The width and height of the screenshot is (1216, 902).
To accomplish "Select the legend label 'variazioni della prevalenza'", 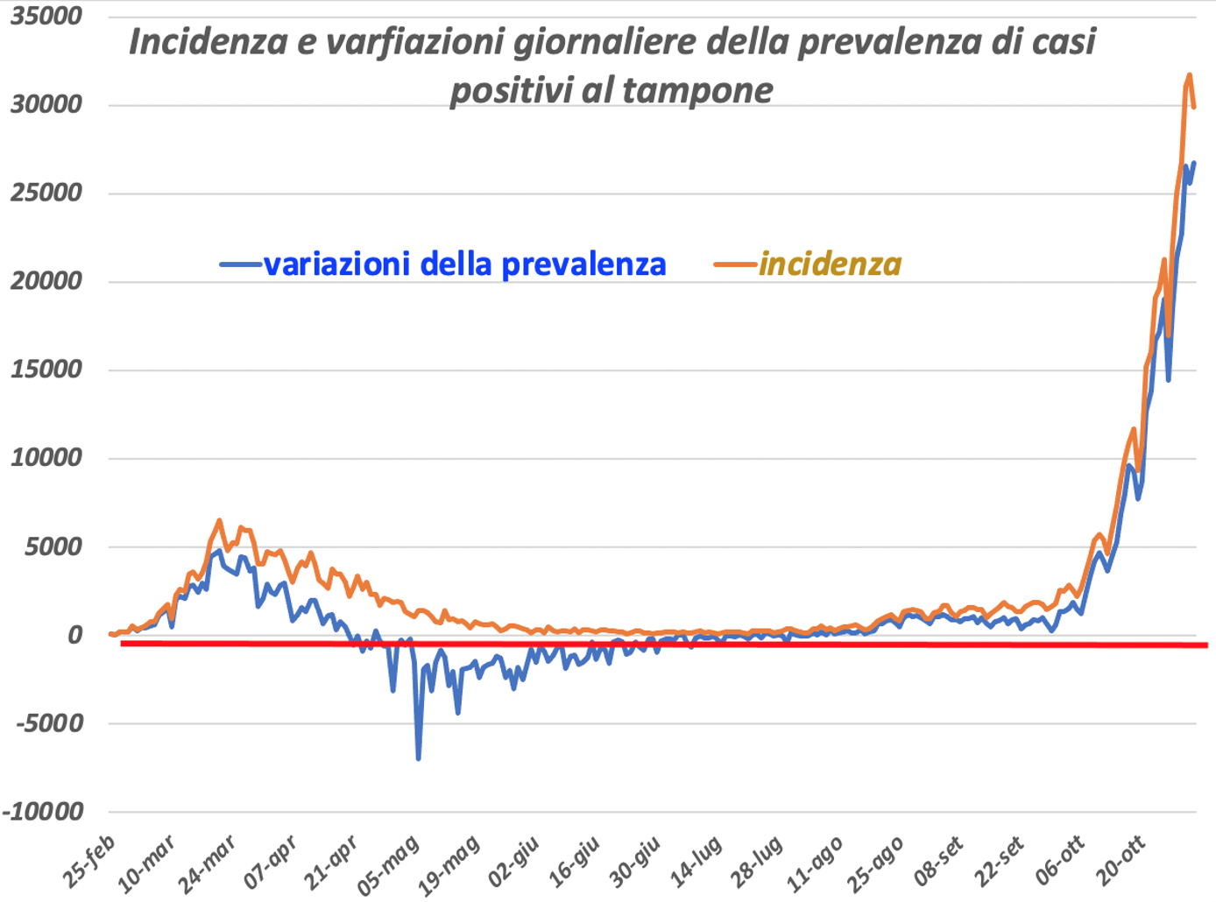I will pos(464,264).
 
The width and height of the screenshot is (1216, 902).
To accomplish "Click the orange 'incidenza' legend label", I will pos(830,264).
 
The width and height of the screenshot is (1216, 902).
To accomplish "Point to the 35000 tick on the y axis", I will pos(46,16).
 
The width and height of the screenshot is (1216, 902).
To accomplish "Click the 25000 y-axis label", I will pos(46,193).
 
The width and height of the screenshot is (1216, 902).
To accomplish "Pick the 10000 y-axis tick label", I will pos(46,457).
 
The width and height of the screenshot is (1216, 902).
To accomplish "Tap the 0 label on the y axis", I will pos(74,635).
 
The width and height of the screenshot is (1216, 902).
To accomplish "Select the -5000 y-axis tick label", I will pos(48,723).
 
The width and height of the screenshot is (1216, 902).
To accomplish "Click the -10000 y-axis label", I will pos(43,812).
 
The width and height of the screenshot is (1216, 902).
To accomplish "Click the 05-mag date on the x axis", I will pos(389,865).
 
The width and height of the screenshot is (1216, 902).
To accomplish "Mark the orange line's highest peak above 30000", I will pos(1189,75).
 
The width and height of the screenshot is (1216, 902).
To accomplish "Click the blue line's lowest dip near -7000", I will pos(419,758).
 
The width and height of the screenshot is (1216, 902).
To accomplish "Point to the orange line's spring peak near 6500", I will pos(219,520).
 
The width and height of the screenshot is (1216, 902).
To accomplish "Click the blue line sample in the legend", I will pos(240,264).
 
